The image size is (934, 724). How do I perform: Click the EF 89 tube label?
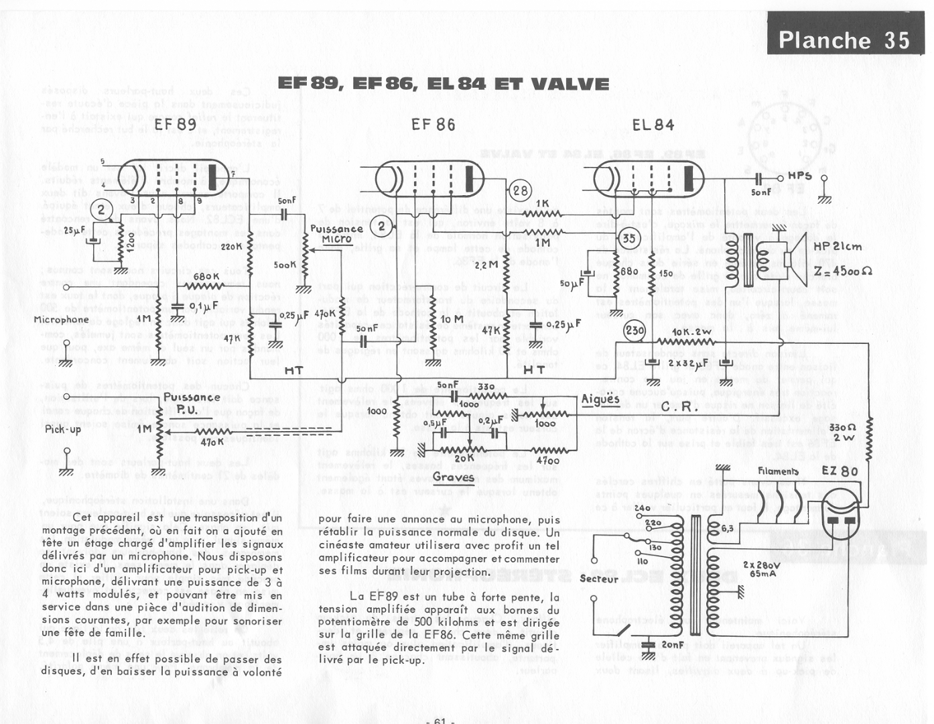[176, 125]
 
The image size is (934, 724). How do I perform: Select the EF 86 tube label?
[433, 125]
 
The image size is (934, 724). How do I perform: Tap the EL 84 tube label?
[653, 125]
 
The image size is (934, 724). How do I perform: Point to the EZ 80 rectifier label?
[840, 471]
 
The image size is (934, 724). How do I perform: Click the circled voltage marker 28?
[521, 191]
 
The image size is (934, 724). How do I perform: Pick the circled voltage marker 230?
[634, 330]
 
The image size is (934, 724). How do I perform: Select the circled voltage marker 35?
[628, 238]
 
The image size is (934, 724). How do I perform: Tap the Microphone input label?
[61, 320]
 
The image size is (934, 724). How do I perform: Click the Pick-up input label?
[63, 429]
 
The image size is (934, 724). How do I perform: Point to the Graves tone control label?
[453, 477]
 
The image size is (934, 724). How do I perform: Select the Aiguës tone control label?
[600, 400]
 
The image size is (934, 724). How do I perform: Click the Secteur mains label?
[598, 579]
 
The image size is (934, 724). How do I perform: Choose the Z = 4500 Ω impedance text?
[843, 271]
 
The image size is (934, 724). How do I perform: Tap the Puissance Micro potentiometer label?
[336, 233]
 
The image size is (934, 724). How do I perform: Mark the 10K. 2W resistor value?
[692, 332]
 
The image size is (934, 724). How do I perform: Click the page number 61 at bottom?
[440, 720]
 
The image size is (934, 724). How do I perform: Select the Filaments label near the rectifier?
[778, 471]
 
